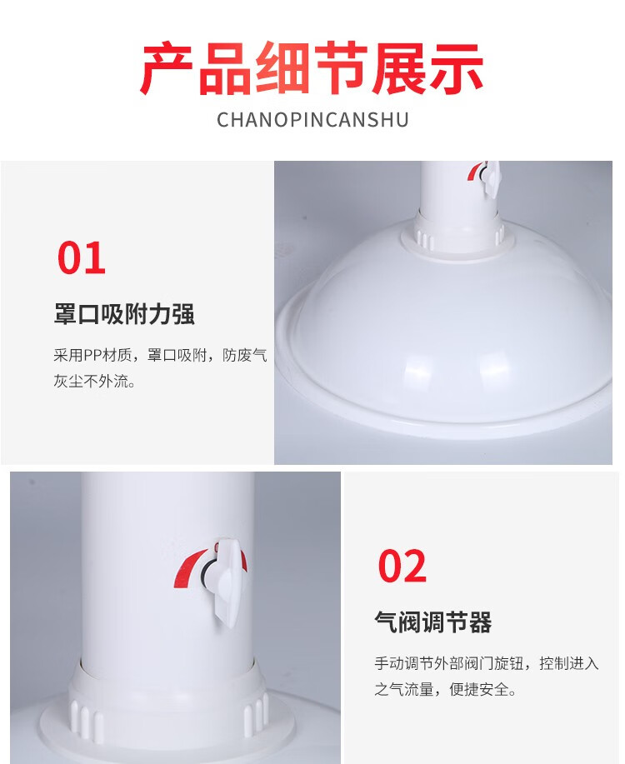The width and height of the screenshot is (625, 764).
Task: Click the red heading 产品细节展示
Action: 312,68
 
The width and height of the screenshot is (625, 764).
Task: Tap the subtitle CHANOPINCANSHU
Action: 312,120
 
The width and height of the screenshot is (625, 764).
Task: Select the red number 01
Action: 82,257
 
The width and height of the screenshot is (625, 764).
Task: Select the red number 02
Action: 402,565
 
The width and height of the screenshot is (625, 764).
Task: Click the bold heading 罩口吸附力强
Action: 124,314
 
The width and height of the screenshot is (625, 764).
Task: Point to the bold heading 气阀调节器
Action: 433,622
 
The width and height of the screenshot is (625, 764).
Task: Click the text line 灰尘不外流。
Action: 94,381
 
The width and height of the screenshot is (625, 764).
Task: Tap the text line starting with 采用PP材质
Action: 160,355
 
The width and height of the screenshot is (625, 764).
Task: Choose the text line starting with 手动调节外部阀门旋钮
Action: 487,663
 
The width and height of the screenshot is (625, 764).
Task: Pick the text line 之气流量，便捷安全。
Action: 446,690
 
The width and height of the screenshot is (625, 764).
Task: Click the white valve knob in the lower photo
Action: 227,581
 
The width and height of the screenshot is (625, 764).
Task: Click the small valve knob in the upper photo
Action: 491,177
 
